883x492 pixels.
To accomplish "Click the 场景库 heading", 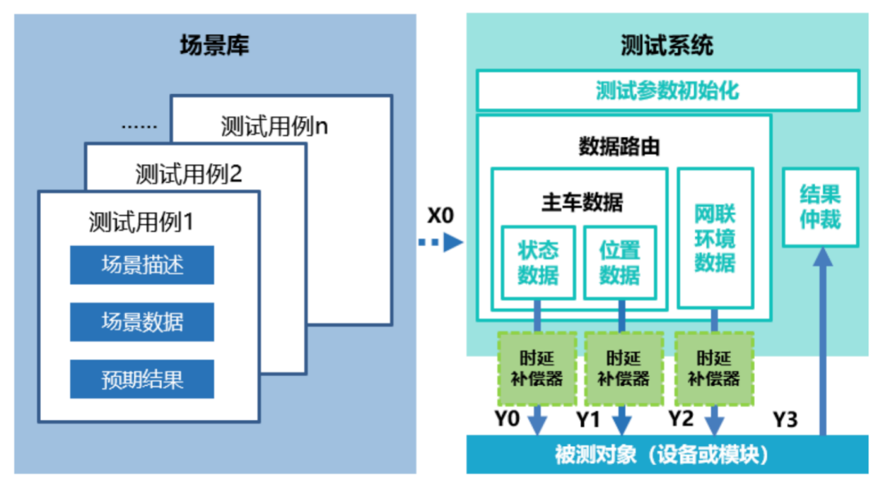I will [214, 45].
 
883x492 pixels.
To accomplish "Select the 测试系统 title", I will [666, 45].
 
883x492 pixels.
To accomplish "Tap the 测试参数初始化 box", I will [666, 90].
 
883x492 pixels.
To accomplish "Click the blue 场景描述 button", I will [141, 265].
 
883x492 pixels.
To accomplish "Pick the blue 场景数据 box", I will [141, 322].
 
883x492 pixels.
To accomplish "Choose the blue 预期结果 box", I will [141, 379].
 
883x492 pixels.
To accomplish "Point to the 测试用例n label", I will [274, 127].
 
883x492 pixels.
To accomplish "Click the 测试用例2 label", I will [189, 173].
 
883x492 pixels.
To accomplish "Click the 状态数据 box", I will [537, 262].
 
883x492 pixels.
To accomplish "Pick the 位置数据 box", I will [620, 262].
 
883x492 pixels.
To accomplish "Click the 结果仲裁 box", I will [820, 208].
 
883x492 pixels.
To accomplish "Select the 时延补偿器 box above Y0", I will [537, 369].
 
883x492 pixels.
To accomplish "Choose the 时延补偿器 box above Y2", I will [714, 369].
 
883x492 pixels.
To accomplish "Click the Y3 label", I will [786, 420].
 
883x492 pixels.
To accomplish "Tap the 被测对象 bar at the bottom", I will [666, 454].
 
